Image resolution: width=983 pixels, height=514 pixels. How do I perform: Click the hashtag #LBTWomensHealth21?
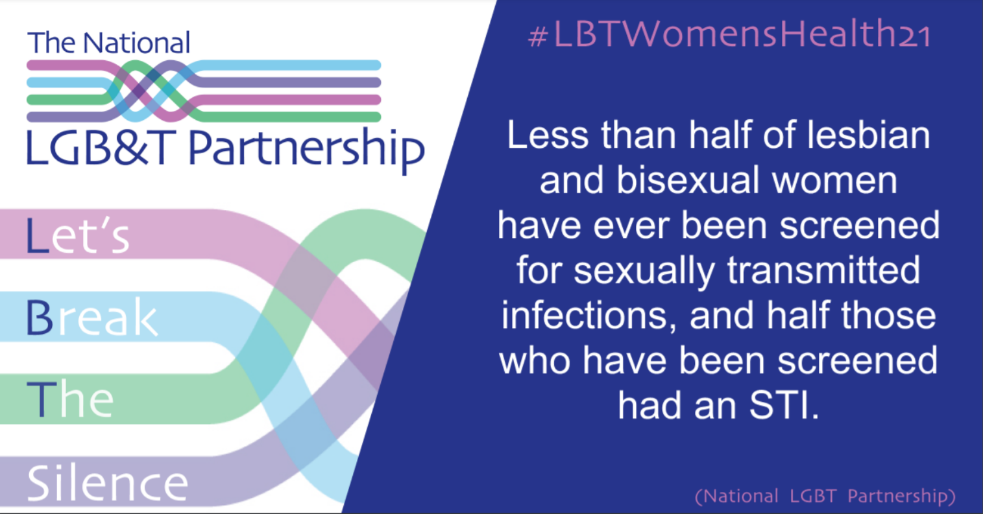tap(729, 34)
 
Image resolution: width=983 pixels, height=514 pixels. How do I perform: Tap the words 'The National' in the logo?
tap(109, 43)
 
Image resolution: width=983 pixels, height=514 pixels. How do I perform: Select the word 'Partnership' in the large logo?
tap(306, 149)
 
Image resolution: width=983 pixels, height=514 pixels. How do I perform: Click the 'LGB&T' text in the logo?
tap(102, 148)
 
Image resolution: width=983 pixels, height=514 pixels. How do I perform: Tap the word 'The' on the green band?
tap(70, 399)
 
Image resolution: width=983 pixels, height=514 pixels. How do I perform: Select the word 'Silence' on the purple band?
tap(108, 483)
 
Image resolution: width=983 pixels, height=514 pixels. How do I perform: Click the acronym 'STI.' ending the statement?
tap(784, 406)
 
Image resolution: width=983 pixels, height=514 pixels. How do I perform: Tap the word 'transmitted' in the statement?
tap(823, 270)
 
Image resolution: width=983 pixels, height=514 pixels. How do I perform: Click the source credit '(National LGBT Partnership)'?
tap(825, 496)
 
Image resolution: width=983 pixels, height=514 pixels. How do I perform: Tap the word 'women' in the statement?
tap(834, 181)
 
